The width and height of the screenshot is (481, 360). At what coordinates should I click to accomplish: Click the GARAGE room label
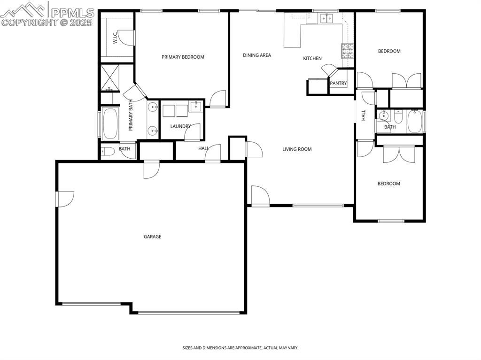(152, 237)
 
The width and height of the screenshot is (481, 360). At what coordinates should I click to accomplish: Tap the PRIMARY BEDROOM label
(183, 57)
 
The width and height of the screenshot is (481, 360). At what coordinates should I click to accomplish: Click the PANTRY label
(338, 84)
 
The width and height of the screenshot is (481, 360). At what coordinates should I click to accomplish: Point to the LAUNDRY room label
(180, 126)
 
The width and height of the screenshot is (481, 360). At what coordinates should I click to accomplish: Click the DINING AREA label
(257, 55)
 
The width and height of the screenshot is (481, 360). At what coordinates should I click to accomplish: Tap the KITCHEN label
(312, 58)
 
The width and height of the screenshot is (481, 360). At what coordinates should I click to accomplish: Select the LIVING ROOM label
(297, 149)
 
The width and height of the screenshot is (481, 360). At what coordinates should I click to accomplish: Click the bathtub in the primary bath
(110, 123)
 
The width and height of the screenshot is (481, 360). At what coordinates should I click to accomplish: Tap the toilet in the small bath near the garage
(108, 151)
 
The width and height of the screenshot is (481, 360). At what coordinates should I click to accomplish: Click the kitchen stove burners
(347, 50)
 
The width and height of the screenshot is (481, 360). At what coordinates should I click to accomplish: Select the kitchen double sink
(326, 18)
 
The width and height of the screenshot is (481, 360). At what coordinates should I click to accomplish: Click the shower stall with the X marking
(110, 77)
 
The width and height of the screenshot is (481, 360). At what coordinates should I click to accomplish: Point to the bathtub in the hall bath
(414, 122)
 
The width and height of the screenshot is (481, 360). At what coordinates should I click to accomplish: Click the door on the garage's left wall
(64, 199)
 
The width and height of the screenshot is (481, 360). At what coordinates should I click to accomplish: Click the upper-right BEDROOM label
(389, 51)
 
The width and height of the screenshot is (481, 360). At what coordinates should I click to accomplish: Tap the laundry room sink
(195, 106)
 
